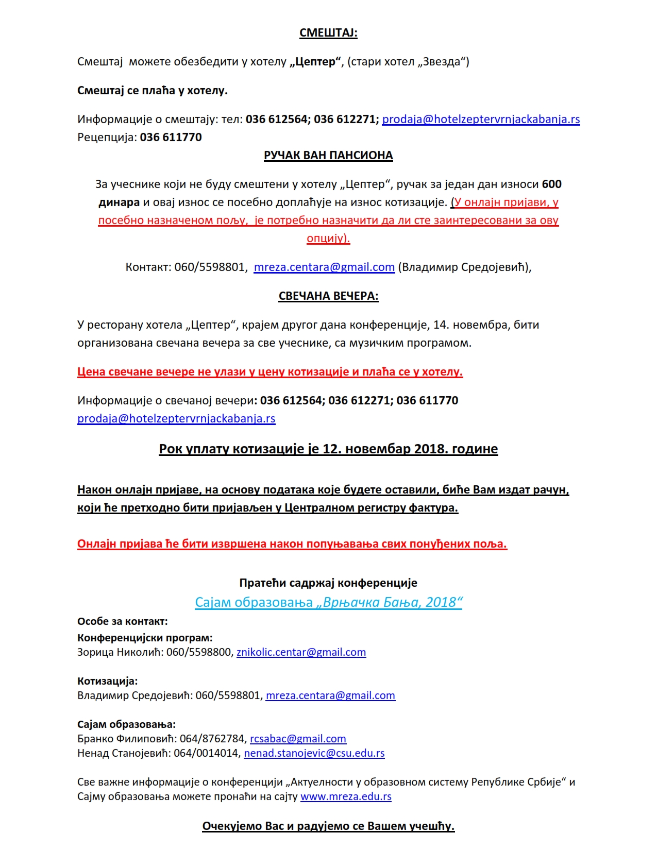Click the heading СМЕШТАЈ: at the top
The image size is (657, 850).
click(x=328, y=33)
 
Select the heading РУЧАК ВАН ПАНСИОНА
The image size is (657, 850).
click(x=328, y=156)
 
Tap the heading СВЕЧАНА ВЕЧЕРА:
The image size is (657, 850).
click(x=328, y=296)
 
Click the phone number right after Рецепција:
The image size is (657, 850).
click(x=171, y=138)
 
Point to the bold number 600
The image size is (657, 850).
click(x=552, y=184)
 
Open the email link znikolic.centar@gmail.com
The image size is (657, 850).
click(x=301, y=653)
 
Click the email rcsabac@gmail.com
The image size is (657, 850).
click(x=298, y=739)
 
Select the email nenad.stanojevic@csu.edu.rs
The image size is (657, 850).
click(x=314, y=754)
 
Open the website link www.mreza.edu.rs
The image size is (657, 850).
click(x=346, y=797)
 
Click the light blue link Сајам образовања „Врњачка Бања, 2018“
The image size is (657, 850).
click(x=328, y=602)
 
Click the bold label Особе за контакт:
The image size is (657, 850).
click(x=123, y=622)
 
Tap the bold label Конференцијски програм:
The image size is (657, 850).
click(x=145, y=638)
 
